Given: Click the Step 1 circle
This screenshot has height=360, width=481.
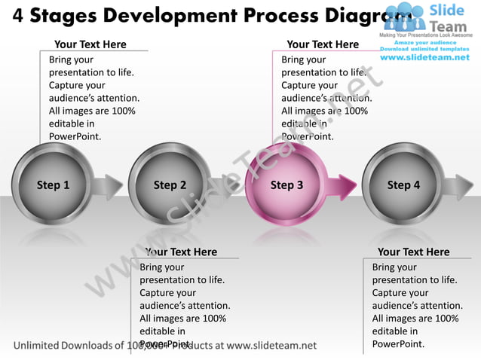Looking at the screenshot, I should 54,185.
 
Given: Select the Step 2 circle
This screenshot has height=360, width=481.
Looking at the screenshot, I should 170,185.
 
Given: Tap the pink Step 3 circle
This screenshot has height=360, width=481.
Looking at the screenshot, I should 287,185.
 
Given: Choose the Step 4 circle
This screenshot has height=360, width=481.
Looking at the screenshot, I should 403,185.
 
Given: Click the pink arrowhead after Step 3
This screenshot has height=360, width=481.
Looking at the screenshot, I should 347,185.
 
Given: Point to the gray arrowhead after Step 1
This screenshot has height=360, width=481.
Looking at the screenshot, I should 112,185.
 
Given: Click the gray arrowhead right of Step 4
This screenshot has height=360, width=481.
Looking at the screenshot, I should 461,185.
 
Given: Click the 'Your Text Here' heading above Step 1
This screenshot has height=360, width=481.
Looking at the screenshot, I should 90,44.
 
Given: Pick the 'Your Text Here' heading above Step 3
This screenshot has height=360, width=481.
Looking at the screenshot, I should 323,44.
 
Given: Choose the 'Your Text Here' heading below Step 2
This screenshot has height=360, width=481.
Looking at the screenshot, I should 181,252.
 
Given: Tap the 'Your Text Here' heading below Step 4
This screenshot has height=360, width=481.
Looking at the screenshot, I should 413,252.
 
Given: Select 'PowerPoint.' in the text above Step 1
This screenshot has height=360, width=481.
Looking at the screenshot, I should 75,136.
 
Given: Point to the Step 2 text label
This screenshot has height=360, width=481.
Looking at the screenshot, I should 170,185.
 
